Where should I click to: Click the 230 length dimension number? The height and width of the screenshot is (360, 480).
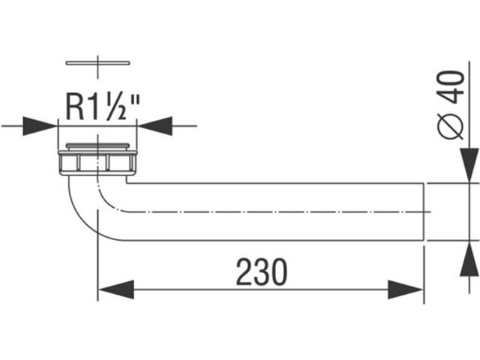coord(262,272)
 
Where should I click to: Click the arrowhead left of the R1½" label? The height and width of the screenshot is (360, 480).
coord(41,125)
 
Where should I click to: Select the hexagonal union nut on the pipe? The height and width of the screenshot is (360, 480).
coord(97,162)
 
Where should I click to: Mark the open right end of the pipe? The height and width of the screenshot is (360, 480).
coord(425,211)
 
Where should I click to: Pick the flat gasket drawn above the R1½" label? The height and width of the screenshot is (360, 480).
coord(98,63)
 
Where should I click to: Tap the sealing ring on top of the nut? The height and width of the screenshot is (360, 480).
coord(98,145)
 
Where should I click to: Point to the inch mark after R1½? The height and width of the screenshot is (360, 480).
coord(134,100)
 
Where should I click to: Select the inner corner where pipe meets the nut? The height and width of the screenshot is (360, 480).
coord(126,181)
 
